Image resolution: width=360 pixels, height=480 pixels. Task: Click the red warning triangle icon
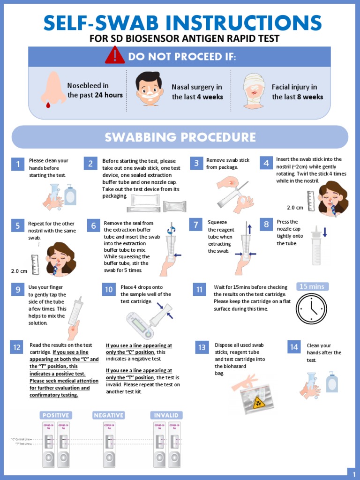tap(114, 56)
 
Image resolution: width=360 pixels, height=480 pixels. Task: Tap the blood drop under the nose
tap(48, 105)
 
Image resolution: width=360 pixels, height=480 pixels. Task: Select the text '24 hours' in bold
tap(109, 95)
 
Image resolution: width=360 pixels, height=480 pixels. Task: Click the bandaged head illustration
tap(254, 91)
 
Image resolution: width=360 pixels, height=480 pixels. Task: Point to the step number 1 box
tap(17, 164)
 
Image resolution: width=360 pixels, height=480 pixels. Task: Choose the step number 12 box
tap(17, 347)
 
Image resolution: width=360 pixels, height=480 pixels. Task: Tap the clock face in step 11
tap(312, 308)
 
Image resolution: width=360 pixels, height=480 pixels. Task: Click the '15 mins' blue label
tap(312, 286)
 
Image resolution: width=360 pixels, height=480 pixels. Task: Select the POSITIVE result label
tap(56, 415)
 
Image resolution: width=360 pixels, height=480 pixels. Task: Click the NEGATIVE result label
tap(109, 415)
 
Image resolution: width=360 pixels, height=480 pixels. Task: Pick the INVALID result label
tap(166, 415)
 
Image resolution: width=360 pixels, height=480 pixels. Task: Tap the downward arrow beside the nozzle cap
tap(324, 232)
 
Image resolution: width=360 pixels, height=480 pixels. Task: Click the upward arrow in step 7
tap(249, 228)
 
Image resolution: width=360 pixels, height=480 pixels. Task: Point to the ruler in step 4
tap(311, 197)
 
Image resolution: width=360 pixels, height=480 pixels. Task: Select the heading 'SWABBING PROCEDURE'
tap(180, 137)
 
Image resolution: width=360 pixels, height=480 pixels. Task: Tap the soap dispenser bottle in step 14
tap(332, 382)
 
